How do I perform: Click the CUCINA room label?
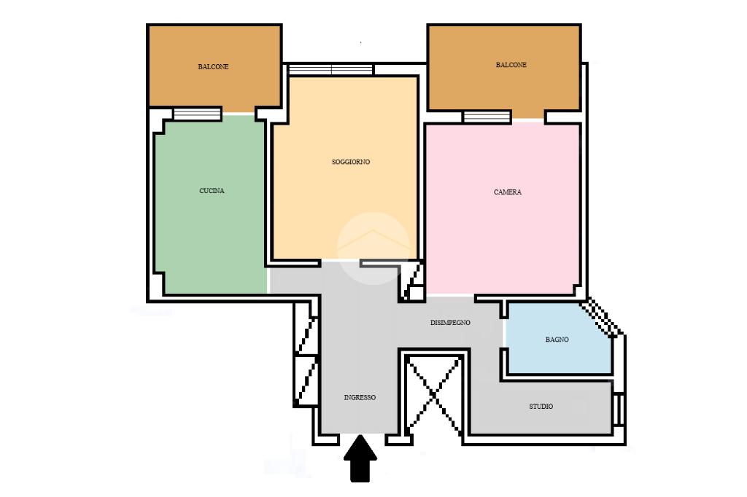212,191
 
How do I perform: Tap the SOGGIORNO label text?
351,162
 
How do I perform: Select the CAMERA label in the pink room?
508,192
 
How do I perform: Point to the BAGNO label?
557,340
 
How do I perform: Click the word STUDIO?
541,407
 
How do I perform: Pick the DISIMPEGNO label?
450,323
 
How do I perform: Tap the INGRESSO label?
360,397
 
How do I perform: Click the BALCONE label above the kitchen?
213,67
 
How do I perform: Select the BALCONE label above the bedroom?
511,65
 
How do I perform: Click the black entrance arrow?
360,458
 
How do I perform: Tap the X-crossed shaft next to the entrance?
434,394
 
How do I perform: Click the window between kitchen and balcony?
197,114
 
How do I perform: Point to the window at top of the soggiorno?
331,70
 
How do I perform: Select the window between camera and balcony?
487,117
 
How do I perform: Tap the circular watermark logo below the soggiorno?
373,248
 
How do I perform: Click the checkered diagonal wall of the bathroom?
601,318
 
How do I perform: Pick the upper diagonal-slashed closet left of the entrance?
306,335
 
